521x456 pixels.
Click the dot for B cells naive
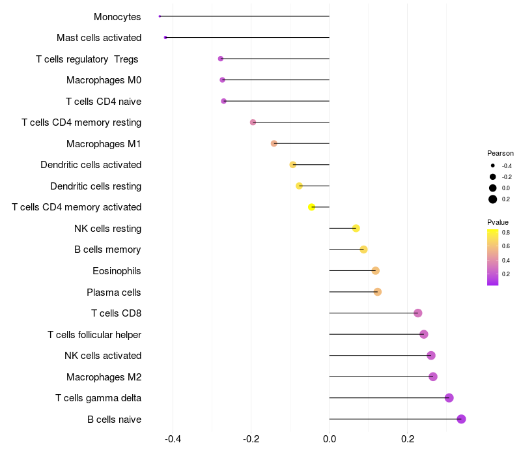(461, 419)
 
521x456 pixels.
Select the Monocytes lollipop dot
(160, 16)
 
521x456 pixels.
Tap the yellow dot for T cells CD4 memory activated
(311, 207)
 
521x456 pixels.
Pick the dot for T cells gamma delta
(449, 398)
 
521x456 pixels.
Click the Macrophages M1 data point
(274, 143)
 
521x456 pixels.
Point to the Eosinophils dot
(375, 271)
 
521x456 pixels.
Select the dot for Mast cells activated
(165, 38)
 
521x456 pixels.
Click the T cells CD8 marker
(417, 313)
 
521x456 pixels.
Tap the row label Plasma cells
(114, 292)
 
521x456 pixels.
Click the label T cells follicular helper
(94, 335)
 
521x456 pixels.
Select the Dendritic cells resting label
(96, 186)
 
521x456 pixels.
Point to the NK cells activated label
(103, 356)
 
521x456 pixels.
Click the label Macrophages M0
(104, 80)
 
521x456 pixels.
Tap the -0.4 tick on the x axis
(173, 439)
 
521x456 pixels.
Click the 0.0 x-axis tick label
(330, 439)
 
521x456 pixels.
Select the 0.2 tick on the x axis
(408, 439)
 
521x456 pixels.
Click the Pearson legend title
(500, 153)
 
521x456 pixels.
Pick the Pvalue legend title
(498, 222)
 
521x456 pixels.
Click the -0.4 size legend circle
(493, 166)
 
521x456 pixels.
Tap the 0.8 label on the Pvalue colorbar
(506, 232)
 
